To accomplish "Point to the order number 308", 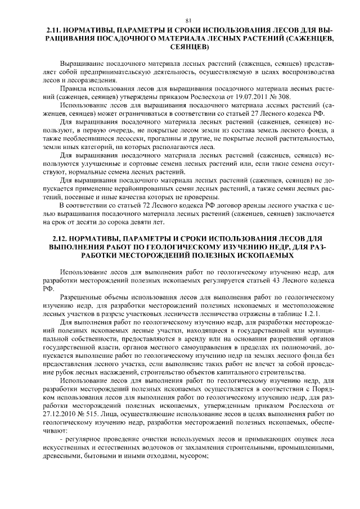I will (x=277, y=97).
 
